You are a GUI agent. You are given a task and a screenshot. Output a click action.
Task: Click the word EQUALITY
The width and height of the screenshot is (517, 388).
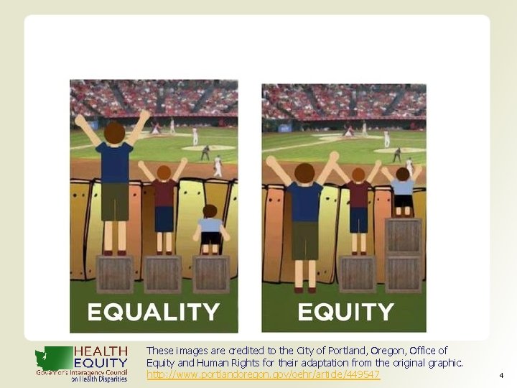153,312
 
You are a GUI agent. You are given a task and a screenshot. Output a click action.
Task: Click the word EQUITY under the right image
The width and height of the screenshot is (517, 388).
345,312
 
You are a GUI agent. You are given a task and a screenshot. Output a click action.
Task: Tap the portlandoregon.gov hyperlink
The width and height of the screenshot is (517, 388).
263,375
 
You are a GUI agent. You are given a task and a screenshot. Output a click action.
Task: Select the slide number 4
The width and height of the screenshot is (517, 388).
500,375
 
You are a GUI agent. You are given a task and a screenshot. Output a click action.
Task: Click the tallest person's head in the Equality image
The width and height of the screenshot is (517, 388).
114,132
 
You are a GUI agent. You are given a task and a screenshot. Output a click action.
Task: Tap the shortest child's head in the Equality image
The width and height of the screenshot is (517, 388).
210,211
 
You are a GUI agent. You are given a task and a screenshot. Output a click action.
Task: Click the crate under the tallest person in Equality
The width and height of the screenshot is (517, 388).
115,274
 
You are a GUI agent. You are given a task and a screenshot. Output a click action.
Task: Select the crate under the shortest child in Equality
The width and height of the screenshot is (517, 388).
210,274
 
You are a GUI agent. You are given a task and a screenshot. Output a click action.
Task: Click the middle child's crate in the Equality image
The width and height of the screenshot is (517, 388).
163,274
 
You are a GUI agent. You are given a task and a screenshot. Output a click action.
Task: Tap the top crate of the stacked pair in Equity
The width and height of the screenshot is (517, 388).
403,236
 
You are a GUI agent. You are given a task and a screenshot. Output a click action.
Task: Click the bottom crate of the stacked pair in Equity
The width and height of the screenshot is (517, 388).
403,274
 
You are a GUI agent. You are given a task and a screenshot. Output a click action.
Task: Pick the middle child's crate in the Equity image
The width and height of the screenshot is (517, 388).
358,274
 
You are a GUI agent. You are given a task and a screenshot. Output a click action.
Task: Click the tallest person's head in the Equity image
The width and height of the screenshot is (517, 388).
304,172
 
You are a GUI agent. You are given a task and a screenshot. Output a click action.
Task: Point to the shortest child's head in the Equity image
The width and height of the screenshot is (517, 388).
403,173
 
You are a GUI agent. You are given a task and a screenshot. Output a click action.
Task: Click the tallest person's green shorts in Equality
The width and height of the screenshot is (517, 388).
115,202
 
